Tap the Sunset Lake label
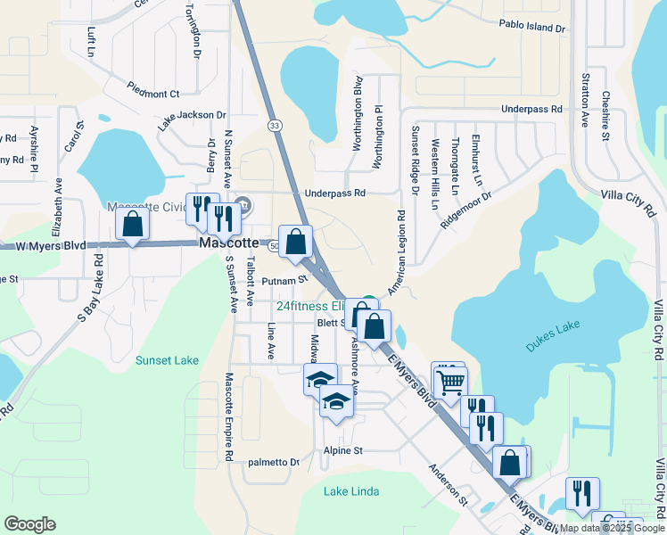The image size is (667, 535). point(167,360)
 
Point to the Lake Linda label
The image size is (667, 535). point(351,491)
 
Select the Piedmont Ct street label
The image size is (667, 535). point(153,93)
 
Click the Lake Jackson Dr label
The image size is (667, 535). point(193,116)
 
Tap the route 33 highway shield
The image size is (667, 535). point(275,126)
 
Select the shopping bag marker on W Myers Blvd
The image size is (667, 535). point(132,226)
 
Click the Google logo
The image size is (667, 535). point(29,524)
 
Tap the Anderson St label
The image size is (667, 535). point(448,481)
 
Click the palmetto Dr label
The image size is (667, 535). point(273,462)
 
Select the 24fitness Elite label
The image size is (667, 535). point(311,305)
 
